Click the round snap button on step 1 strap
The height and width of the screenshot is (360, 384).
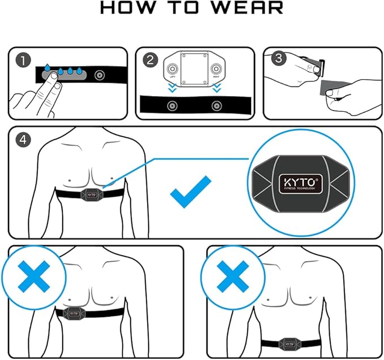coord(100,75)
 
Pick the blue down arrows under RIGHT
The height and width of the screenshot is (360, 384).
coord(217,89)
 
